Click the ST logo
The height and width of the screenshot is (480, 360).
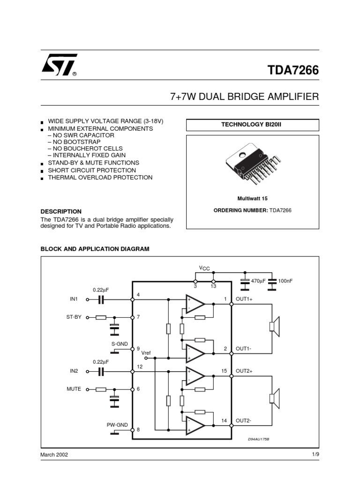point(58,67)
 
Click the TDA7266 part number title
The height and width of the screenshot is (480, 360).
point(293,70)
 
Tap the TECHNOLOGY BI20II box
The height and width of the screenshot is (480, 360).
point(252,125)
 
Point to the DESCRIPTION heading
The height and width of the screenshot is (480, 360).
point(61,211)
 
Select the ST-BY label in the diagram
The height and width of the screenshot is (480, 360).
point(74,317)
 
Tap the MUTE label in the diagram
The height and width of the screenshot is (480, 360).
point(74,389)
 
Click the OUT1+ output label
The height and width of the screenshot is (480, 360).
point(244,299)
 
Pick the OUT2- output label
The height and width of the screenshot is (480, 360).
point(243,421)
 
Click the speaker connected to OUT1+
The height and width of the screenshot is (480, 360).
point(274,327)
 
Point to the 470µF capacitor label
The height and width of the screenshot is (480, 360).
point(258,281)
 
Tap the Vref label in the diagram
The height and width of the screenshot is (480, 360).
point(146,352)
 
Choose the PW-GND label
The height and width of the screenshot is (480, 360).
point(117,425)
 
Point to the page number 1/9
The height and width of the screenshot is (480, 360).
point(315,455)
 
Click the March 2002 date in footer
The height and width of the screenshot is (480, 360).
point(54,455)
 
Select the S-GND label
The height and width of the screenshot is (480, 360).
point(119,344)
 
